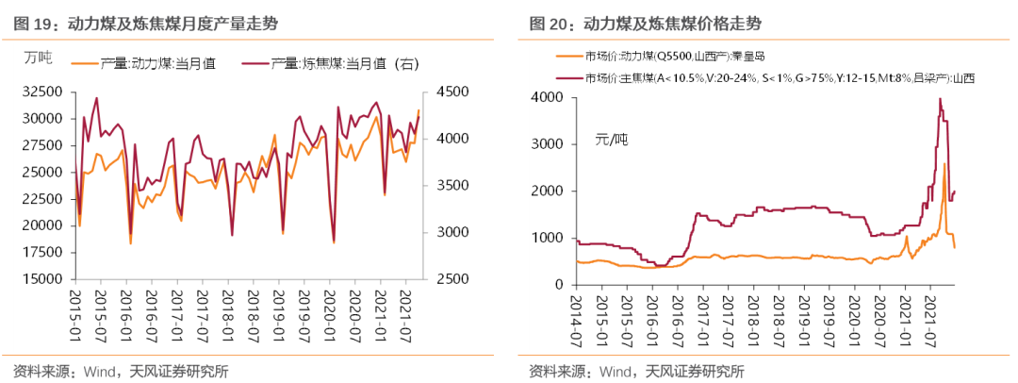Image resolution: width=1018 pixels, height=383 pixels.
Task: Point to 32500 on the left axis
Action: click(x=41, y=92)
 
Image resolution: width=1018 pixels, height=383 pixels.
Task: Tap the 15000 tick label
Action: click(x=41, y=279)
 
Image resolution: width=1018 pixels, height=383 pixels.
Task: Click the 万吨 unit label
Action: click(x=39, y=58)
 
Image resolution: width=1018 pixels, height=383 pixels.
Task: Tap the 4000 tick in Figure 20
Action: click(x=548, y=97)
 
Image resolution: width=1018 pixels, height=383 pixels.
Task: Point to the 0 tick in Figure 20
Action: click(x=559, y=284)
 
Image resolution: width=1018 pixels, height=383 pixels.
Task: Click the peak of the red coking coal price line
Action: click(x=940, y=98)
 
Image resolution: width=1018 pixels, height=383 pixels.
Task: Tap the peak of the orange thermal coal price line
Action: click(x=944, y=164)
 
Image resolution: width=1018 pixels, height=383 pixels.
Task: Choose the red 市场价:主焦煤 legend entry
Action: click(x=773, y=76)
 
